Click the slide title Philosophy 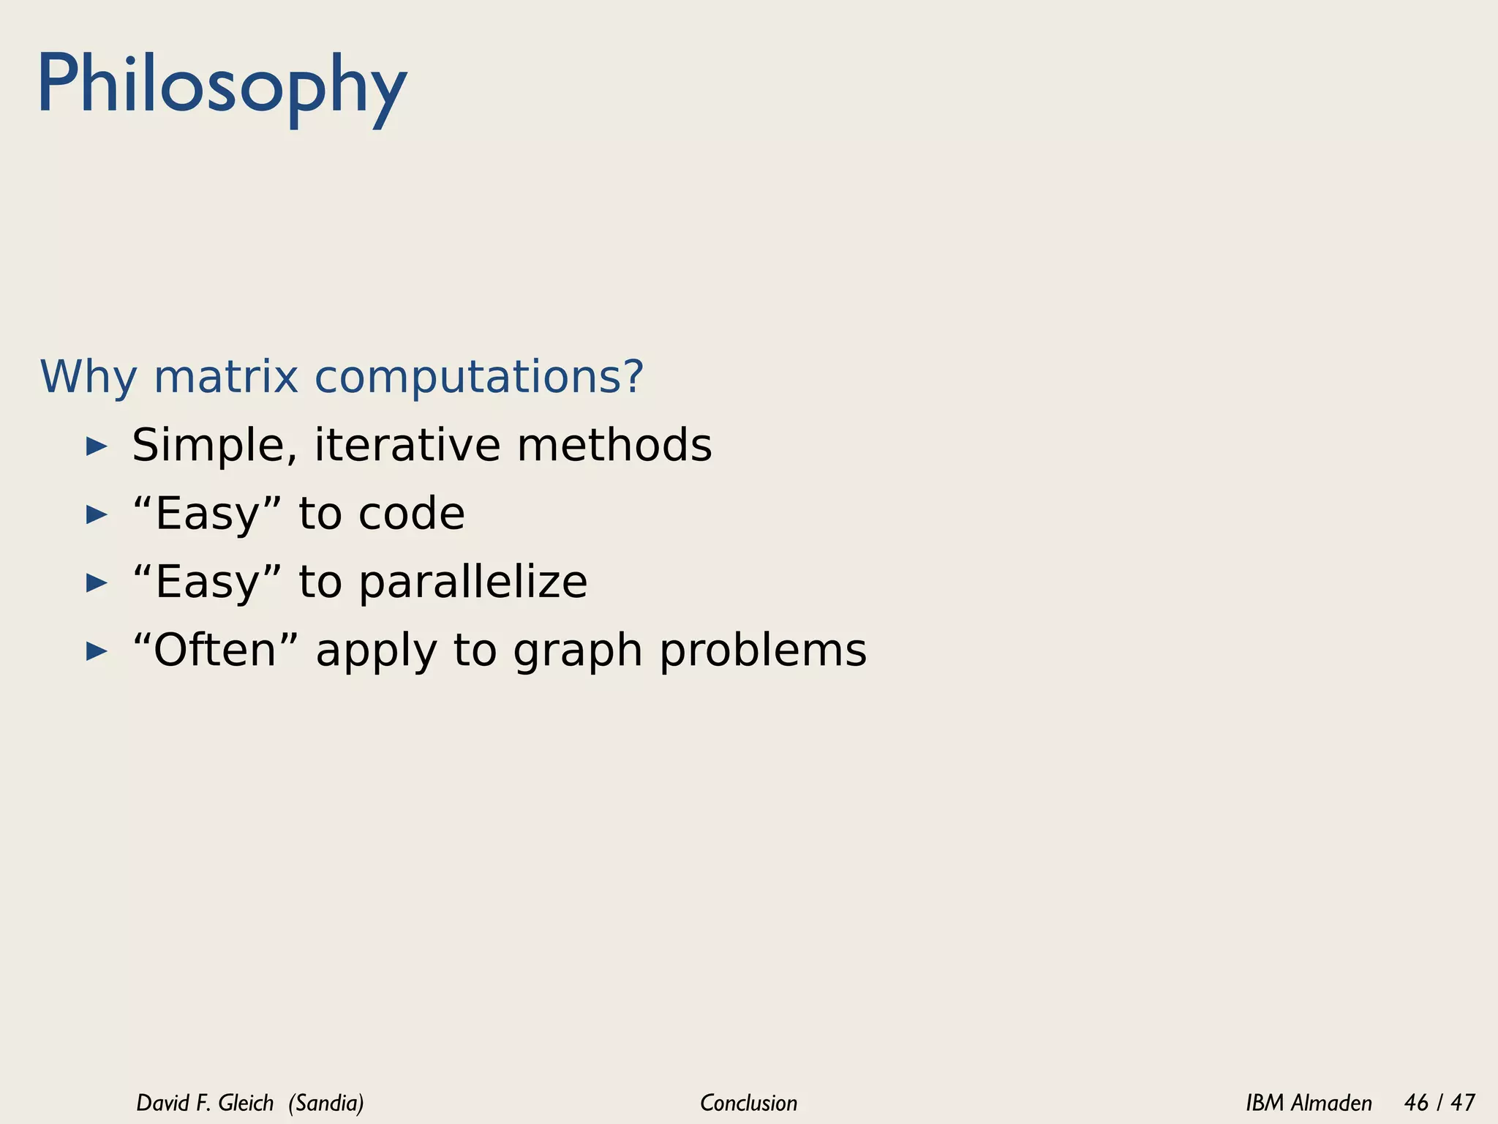pos(222,86)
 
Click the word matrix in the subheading pos(225,377)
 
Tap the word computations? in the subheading pos(479,377)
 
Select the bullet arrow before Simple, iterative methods pos(97,446)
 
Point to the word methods pos(614,445)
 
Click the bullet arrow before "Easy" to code pos(97,514)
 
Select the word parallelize pos(473,582)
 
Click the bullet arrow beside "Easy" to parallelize pos(97,583)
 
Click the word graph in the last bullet pos(577,651)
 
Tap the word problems pos(762,651)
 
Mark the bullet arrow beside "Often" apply pos(97,651)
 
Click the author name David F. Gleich pos(205,1103)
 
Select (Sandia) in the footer pos(326,1103)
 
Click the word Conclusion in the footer pos(748,1103)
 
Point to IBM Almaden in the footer pos(1309,1103)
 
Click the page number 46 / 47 pos(1439,1103)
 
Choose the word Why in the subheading pos(88,377)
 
